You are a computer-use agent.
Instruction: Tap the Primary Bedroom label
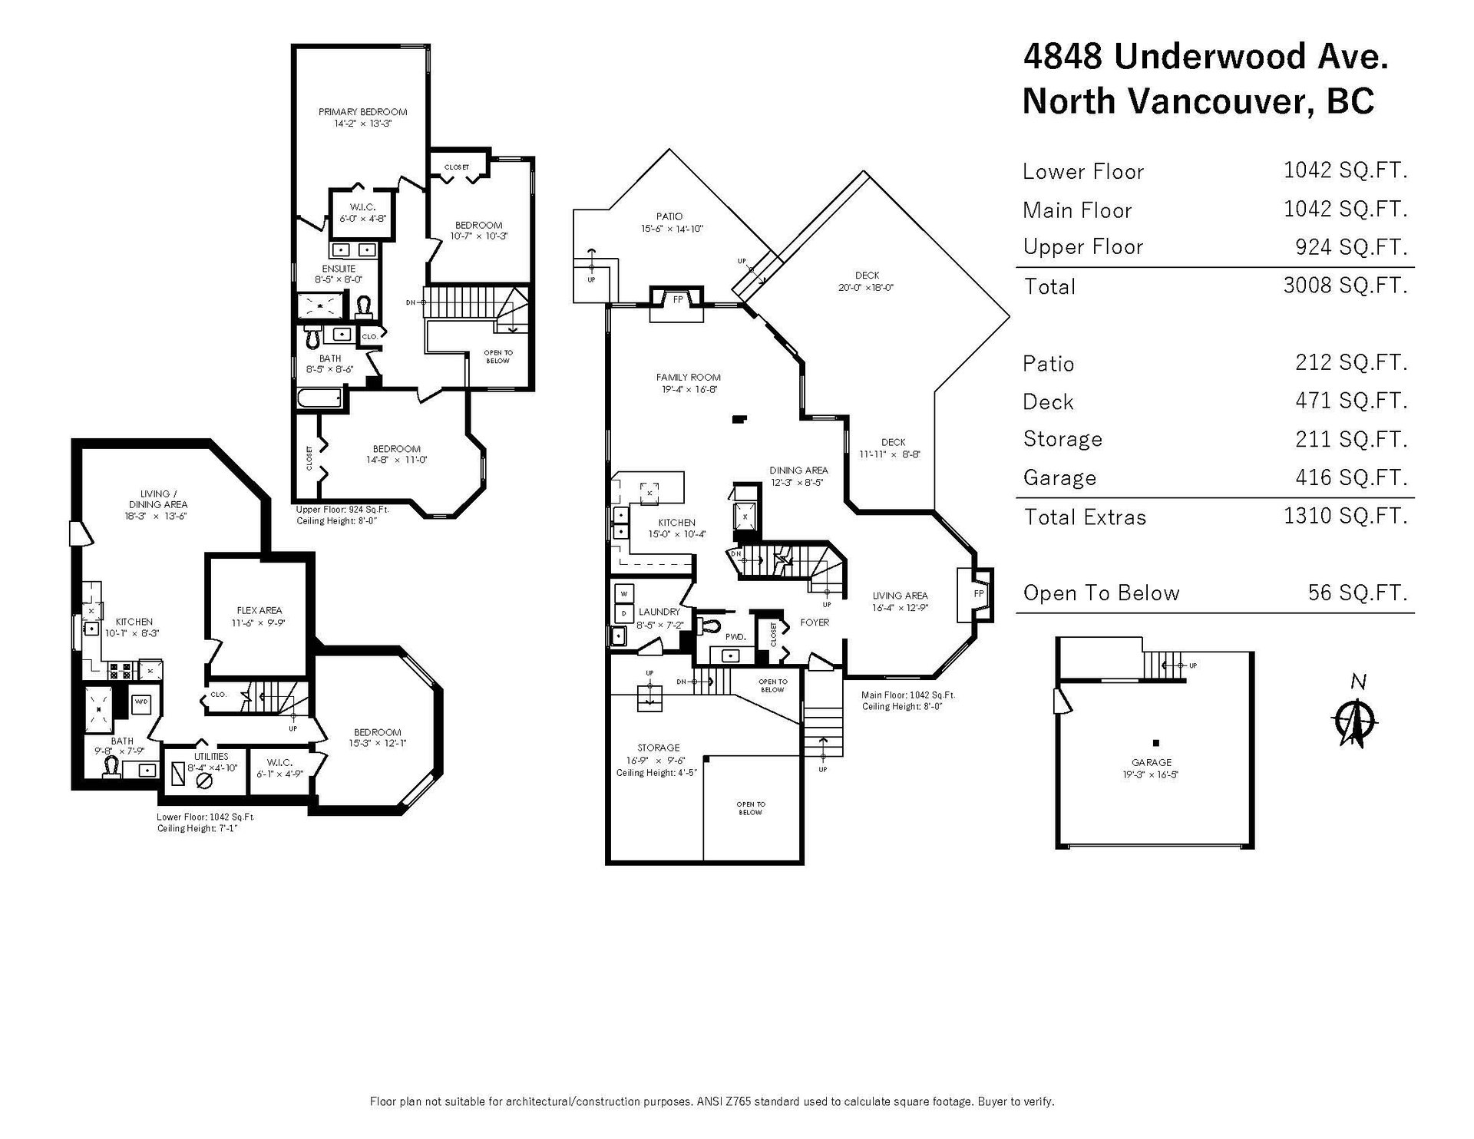[x=362, y=112]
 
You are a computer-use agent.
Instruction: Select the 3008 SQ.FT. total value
[x=1345, y=286]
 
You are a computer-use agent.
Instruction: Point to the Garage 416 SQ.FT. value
[x=1351, y=477]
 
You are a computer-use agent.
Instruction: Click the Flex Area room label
[x=259, y=611]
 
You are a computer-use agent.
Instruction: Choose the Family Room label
[x=688, y=378]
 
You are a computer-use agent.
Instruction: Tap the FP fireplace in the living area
[x=979, y=594]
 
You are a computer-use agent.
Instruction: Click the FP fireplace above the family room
[x=678, y=300]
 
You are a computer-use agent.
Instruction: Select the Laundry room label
[x=659, y=612]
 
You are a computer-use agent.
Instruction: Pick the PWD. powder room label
[x=735, y=637]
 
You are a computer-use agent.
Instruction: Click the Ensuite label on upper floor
[x=339, y=269]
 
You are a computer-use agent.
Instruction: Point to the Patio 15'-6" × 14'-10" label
[x=669, y=223]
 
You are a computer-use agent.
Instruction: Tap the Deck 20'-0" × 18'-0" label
[x=867, y=282]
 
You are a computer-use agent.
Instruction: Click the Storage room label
[x=658, y=748]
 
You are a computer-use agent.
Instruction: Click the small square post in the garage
[x=1155, y=743]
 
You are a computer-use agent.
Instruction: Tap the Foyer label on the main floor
[x=815, y=622]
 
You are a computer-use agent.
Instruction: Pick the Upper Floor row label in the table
[x=1082, y=247]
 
